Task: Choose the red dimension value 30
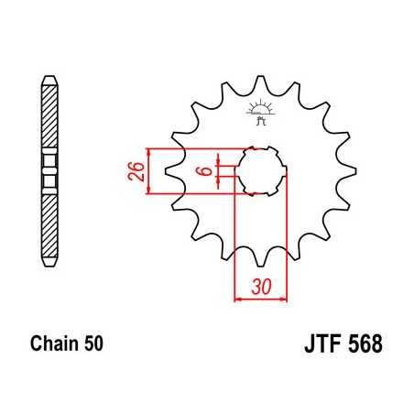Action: point(262,286)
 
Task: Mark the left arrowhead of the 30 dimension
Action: point(240,298)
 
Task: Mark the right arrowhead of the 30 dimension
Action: point(283,298)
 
